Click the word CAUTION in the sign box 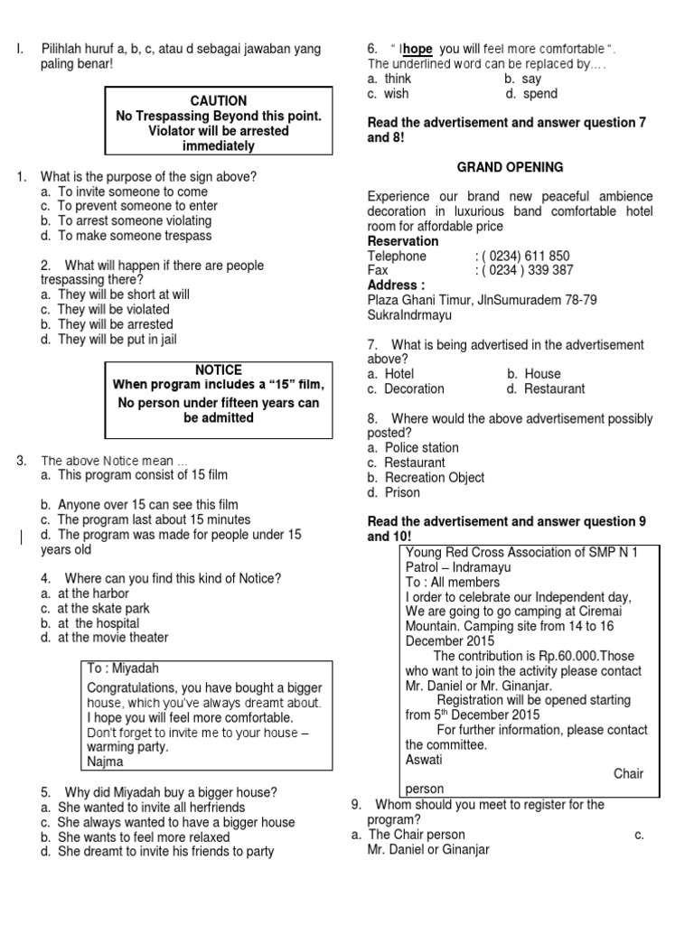(219, 101)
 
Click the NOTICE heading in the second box (219, 370)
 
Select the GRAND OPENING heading (510, 167)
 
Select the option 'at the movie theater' (113, 638)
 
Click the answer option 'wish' (396, 94)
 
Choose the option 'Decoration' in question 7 (414, 388)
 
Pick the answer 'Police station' (421, 447)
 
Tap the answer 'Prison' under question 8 (402, 492)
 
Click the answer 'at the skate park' (108, 608)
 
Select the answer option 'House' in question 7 (542, 374)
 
